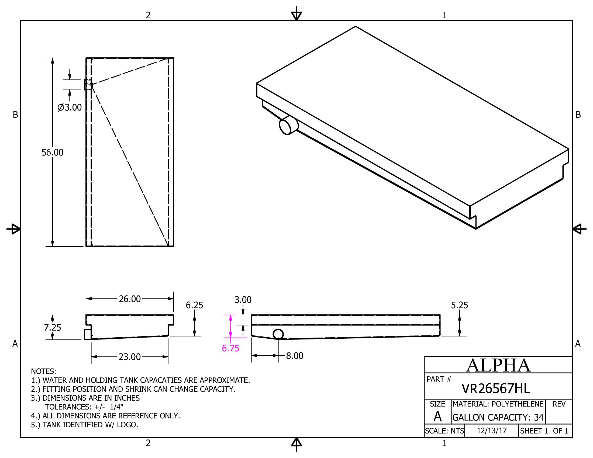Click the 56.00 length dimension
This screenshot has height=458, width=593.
(x=52, y=152)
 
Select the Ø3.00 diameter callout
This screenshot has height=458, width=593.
(x=70, y=107)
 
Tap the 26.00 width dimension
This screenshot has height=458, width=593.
(x=130, y=299)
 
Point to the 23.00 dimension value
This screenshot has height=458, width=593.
(x=130, y=356)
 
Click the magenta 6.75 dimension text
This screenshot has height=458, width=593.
(x=230, y=348)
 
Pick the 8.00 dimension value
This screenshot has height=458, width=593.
(x=295, y=356)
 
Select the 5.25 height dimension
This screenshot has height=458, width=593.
(x=459, y=305)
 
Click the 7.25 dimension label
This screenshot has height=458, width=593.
(x=52, y=328)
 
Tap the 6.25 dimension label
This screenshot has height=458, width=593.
(x=194, y=305)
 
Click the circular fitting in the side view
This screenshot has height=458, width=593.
(x=278, y=334)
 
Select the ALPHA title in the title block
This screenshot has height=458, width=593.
(x=498, y=365)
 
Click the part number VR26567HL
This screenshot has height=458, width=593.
(x=495, y=389)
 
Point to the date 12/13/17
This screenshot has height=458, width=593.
(x=492, y=431)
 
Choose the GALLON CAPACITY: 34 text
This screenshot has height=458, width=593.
(x=498, y=417)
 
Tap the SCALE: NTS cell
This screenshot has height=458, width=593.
(x=444, y=431)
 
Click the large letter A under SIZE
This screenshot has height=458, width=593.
(x=437, y=417)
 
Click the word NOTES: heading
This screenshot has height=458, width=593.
(x=43, y=371)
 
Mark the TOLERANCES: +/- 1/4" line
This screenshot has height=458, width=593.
(x=84, y=407)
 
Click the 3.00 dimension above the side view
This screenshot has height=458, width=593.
(x=243, y=300)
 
